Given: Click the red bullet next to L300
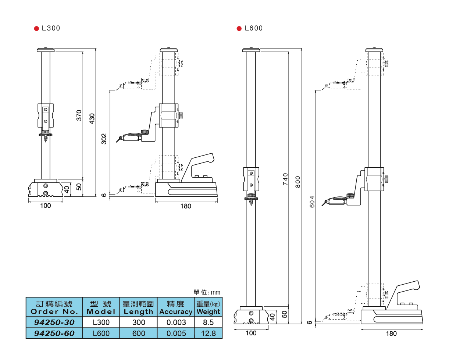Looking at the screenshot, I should [36, 29].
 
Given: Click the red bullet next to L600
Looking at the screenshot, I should [239, 29].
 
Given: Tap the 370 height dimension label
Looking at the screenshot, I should [79, 115].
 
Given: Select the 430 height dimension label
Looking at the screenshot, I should [92, 118].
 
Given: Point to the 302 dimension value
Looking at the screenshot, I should [104, 139].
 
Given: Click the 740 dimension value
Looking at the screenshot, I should [285, 179].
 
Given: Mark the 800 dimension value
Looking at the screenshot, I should [298, 182].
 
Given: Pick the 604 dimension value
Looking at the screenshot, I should [312, 202].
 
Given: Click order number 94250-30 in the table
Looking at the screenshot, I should [54, 322].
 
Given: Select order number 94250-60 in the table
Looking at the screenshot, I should [54, 334].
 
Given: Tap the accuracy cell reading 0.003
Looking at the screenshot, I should [176, 322].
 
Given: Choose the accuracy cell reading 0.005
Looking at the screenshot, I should [176, 334].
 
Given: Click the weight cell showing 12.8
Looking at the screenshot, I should [208, 334].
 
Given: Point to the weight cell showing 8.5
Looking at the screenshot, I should [208, 322].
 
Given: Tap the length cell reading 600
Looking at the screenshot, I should [139, 334].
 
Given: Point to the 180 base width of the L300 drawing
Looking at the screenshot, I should [186, 206].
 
